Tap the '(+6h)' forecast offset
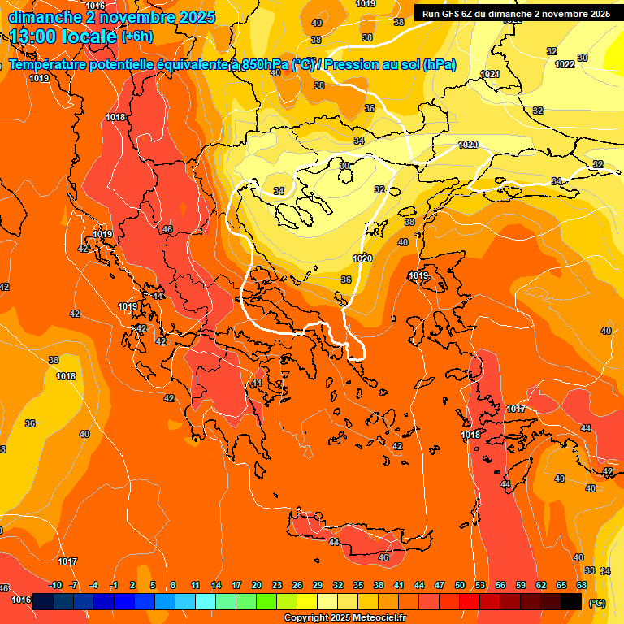(136, 37)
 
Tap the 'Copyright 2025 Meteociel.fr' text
(344, 618)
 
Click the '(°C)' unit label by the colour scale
(596, 603)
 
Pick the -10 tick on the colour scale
(55, 585)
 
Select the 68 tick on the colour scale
(582, 585)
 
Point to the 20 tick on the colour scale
(257, 585)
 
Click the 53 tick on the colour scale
(480, 585)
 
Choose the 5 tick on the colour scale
(153, 585)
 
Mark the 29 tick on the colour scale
(318, 585)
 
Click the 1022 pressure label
(565, 64)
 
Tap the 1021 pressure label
(490, 74)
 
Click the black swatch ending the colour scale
(571, 601)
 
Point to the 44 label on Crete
(334, 542)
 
